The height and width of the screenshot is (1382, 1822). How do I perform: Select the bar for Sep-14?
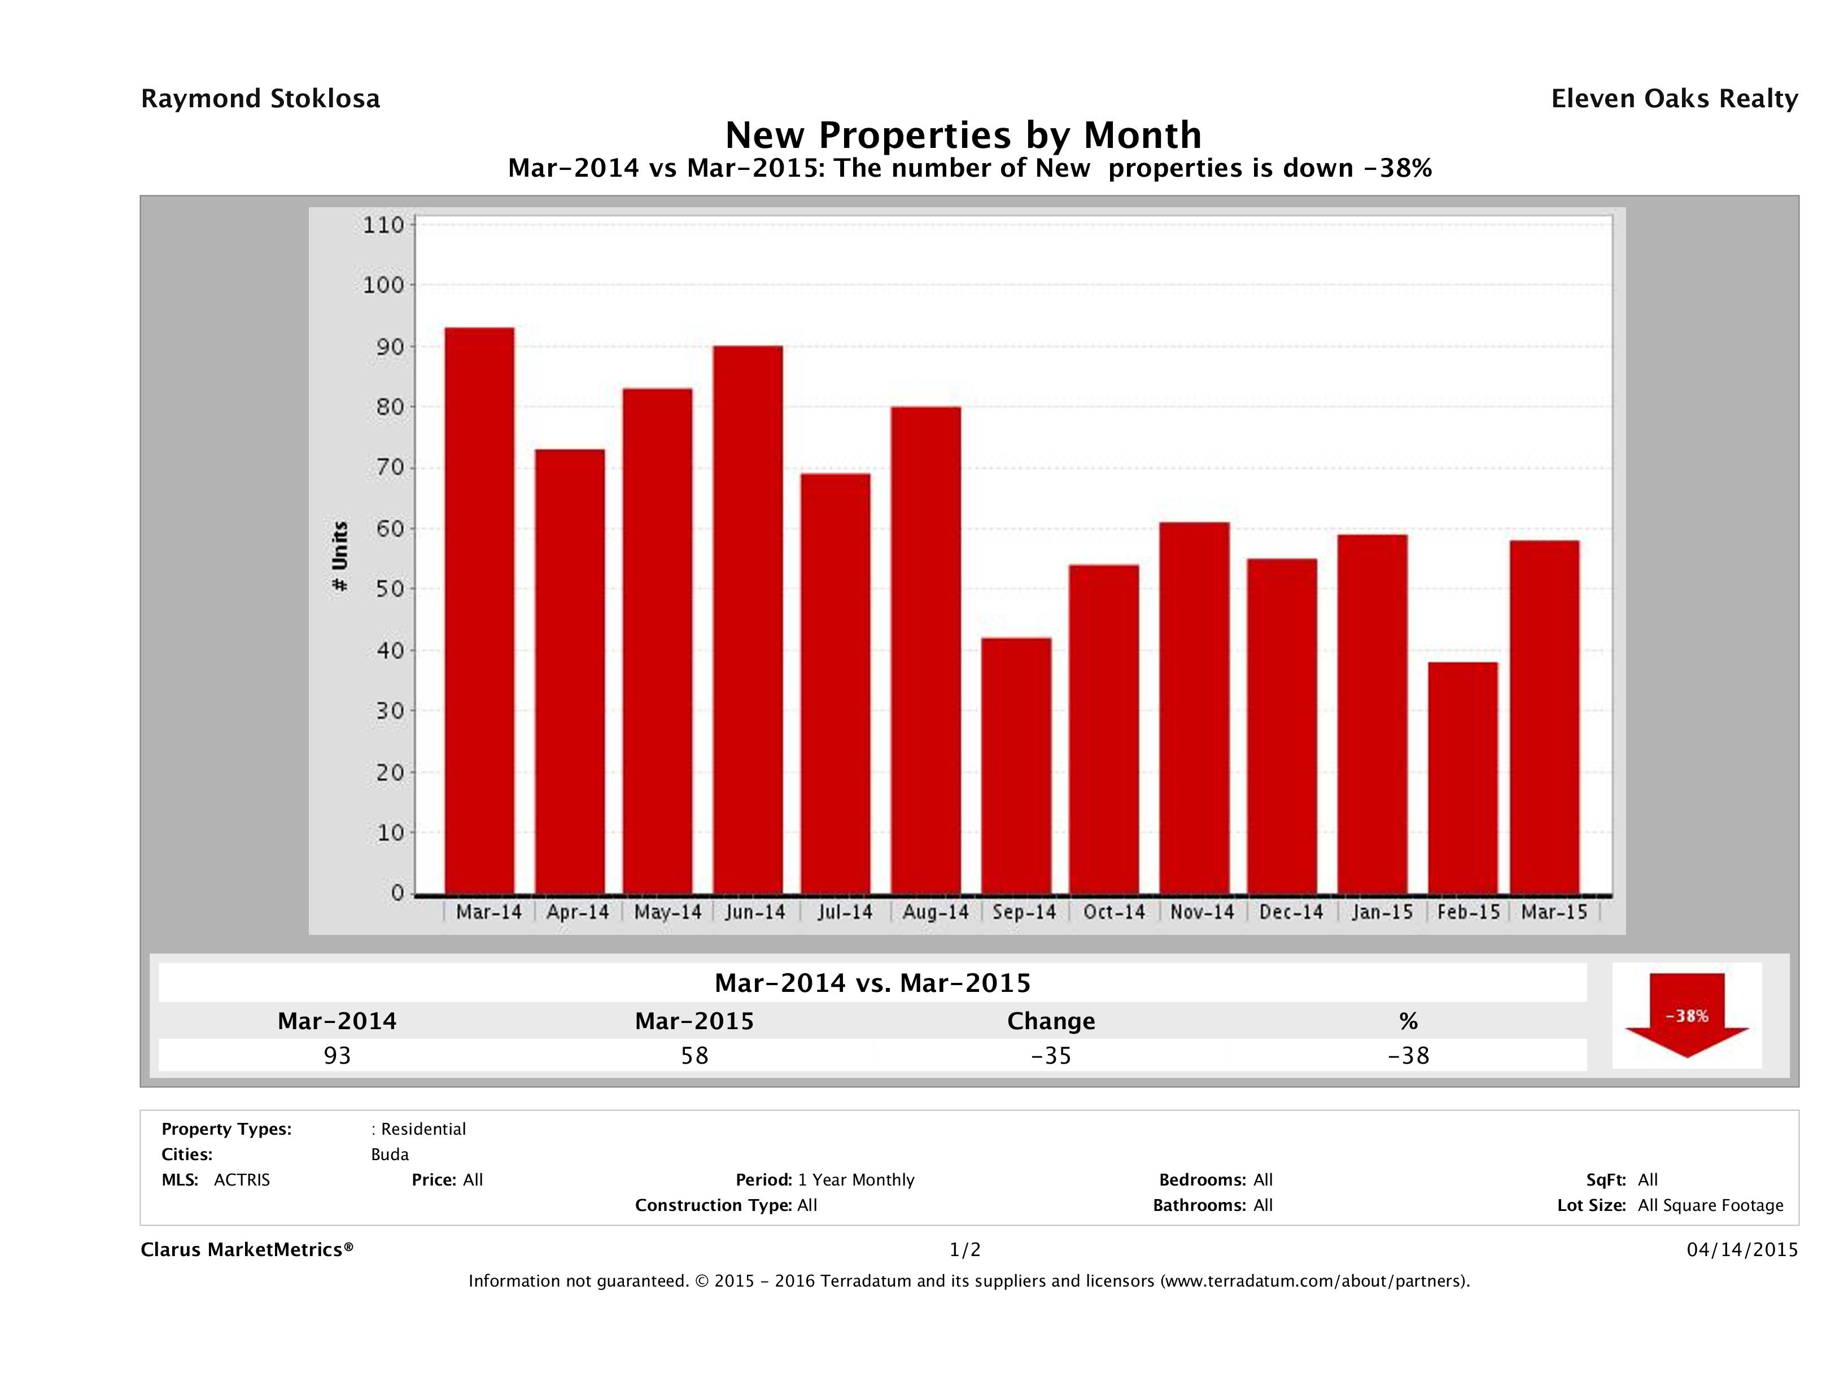(x=1016, y=766)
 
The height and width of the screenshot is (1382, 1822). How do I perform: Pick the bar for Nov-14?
(x=1194, y=709)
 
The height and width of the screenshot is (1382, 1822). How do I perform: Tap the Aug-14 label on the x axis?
(x=935, y=912)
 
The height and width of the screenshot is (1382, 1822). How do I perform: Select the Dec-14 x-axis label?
(x=1291, y=912)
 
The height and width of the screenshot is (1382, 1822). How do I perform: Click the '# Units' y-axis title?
(x=339, y=557)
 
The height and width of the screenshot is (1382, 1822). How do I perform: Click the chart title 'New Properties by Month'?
(x=962, y=134)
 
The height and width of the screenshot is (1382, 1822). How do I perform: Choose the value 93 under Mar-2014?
(x=337, y=1056)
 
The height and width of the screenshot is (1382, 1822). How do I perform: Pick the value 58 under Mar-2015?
(x=694, y=1056)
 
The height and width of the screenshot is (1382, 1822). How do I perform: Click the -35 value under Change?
(x=1051, y=1056)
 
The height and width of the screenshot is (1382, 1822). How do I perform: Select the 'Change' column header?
(x=1051, y=1021)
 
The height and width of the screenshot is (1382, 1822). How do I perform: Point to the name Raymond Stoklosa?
(x=260, y=99)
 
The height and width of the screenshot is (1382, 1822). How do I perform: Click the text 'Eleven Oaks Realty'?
(x=1674, y=99)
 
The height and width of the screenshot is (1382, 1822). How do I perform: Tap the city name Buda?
(x=390, y=1154)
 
